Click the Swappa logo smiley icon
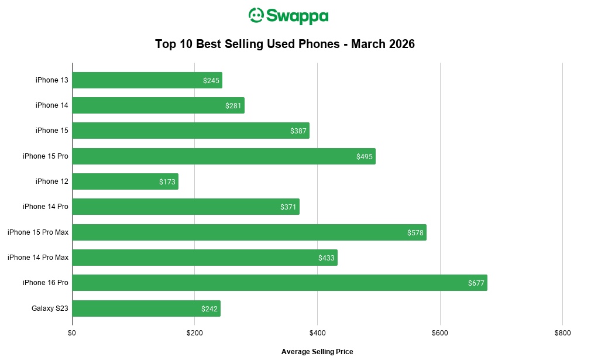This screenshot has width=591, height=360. coord(256,15)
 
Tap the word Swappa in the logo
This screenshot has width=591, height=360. coord(297,16)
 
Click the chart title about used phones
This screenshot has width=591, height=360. coord(285,44)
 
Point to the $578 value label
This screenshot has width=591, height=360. coord(415,233)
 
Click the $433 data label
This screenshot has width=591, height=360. coord(326,258)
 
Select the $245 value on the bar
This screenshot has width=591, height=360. coord(211,81)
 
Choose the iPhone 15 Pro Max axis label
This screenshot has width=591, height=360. coord(38,232)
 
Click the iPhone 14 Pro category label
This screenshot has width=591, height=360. coord(46,207)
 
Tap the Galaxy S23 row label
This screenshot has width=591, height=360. coord(50,308)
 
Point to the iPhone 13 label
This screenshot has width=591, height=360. coord(51,80)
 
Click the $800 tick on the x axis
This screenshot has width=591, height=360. coord(562,333)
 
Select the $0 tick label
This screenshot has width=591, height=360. coord(72,333)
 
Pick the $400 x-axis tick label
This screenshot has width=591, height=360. coord(317,333)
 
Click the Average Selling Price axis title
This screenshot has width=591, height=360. coord(317,352)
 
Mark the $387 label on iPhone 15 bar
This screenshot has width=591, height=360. coord(298,131)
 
